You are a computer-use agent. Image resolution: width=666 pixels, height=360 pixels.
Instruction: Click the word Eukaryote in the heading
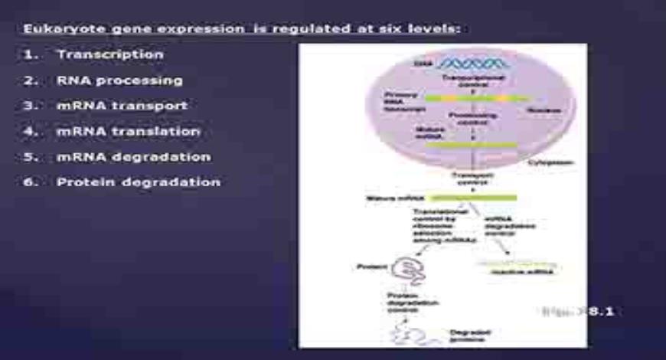tap(56, 29)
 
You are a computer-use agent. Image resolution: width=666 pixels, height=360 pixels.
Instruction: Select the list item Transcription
tap(109, 55)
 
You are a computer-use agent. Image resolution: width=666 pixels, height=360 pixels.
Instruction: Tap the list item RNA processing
tap(119, 80)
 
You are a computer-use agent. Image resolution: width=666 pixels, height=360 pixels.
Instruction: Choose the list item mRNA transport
tap(122, 106)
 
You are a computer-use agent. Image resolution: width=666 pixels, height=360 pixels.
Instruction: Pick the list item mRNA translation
tap(128, 132)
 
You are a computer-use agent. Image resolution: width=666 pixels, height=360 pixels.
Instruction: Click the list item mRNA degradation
tap(133, 157)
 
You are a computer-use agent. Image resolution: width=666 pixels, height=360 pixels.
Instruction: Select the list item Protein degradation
tap(138, 182)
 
